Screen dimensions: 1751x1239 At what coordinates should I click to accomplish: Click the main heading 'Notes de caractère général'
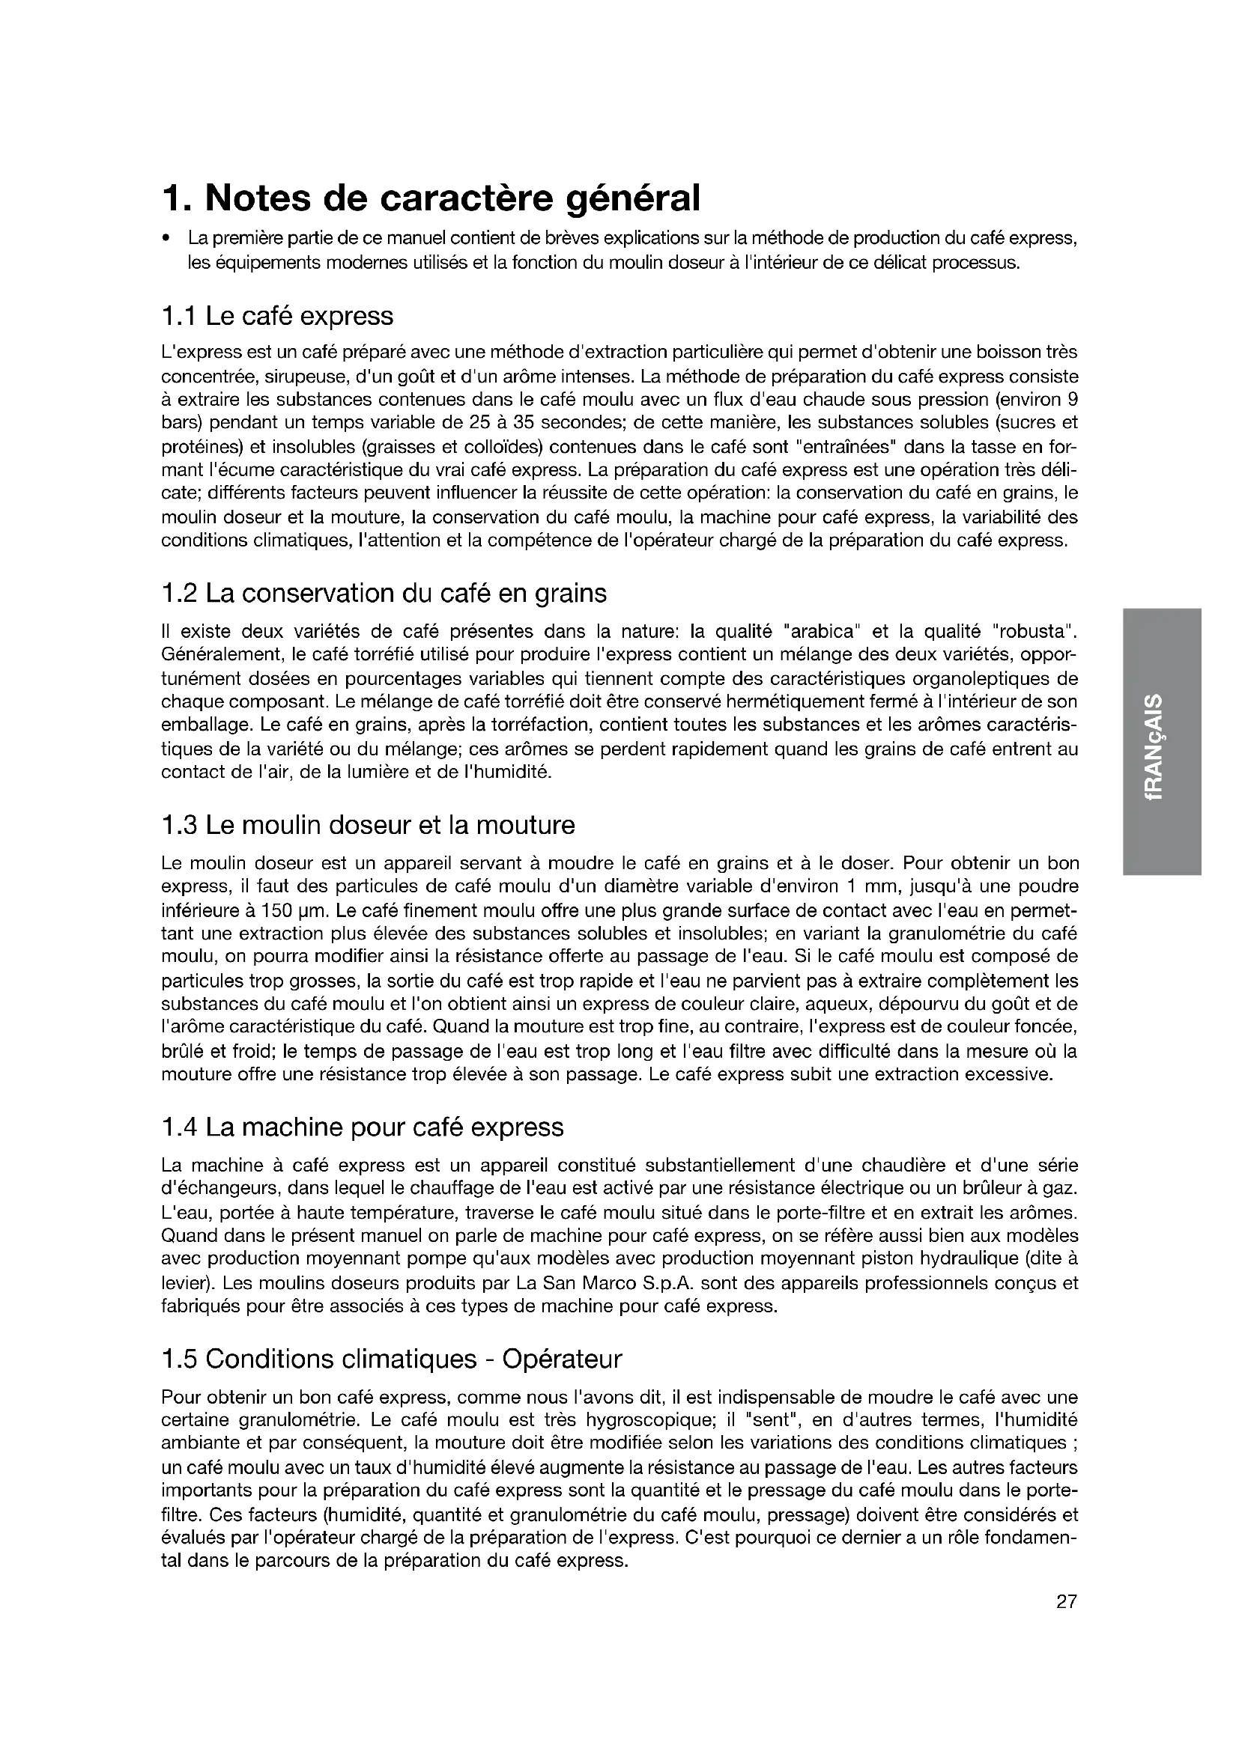430,198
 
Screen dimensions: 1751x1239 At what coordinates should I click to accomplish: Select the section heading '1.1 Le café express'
278,316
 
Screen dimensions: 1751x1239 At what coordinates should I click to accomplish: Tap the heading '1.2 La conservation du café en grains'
384,593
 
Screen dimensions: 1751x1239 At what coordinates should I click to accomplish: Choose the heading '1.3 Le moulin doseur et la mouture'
369,824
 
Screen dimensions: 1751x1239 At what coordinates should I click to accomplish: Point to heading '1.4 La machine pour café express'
363,1127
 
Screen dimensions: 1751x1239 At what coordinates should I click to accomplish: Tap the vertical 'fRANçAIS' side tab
1163,747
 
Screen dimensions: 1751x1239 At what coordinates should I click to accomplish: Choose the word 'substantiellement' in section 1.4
716,1166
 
